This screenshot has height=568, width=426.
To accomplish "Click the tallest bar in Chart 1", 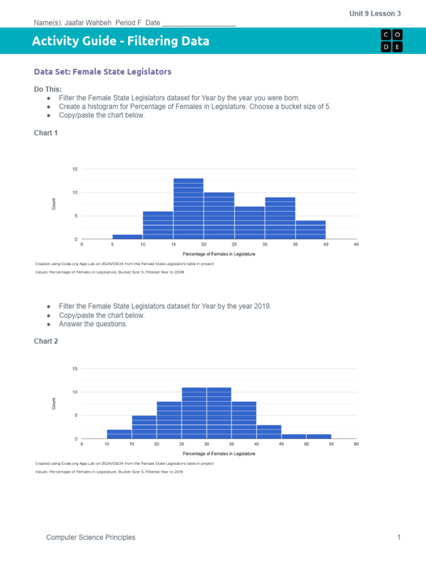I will point(189,209).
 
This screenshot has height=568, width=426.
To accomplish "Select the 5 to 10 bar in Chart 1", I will point(128,237).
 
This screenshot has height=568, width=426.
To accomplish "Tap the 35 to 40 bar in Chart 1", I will point(311,230).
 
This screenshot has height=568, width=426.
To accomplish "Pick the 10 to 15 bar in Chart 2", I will point(119,434).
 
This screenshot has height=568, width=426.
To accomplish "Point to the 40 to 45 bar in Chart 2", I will point(269,432).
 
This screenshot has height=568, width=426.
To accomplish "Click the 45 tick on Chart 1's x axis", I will point(356,245).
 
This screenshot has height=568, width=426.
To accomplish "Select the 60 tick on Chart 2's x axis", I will point(356,444).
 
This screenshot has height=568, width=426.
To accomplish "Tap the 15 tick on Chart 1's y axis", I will point(75,169).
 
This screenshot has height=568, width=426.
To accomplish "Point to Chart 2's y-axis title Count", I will point(54,404).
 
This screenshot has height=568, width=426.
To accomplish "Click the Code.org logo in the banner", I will point(392,40).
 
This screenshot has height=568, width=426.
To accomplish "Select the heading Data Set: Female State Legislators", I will point(103,72).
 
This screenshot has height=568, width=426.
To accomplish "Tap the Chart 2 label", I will point(46,341).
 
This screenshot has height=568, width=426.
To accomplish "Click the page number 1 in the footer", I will point(398,537).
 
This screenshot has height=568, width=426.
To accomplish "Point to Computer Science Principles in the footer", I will point(90,537).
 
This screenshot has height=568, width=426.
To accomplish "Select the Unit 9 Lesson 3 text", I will point(375,13).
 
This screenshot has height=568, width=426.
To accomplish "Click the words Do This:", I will point(48,89).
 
